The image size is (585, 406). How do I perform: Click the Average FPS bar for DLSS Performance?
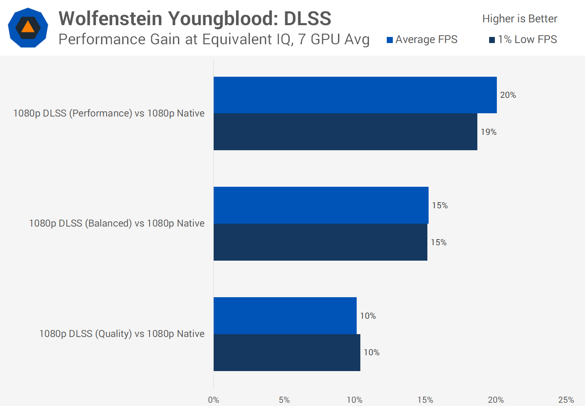coord(355,95)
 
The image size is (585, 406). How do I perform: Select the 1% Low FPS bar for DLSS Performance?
coord(345,132)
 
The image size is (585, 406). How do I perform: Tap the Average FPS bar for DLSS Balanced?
coord(321,205)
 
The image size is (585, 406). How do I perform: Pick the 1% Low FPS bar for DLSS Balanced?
coord(320,242)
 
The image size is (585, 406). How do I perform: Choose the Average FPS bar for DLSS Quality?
coord(285,315)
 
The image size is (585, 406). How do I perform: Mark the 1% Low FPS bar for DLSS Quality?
coord(287,352)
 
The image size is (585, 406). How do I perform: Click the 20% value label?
coord(508,95)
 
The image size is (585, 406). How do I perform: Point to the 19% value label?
coord(488,132)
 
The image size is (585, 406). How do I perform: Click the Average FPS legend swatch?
coord(390,40)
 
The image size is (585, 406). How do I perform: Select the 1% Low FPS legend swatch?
coord(492,40)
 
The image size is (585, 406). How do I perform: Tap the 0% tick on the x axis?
coord(213,400)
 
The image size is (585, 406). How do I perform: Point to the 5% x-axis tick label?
coord(284,400)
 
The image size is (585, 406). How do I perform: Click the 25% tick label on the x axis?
coord(566,400)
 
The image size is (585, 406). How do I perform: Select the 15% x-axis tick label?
coord(425,400)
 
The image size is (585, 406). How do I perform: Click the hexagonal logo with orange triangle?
coord(28,28)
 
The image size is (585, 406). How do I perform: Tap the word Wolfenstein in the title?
coord(110,19)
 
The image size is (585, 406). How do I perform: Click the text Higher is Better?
coord(520,19)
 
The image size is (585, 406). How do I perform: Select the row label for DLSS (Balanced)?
coord(117,223)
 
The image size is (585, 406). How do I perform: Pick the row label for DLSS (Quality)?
coord(121,334)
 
